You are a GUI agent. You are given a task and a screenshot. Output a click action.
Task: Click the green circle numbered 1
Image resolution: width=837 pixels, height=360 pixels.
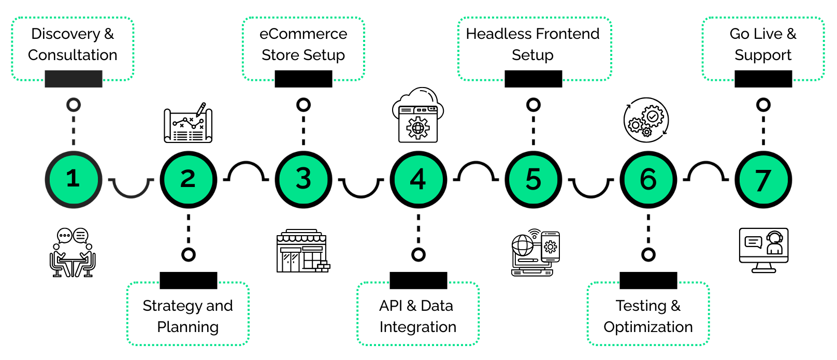[x=73, y=179]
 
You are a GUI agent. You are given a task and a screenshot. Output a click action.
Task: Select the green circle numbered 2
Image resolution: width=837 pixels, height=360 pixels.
[x=188, y=179]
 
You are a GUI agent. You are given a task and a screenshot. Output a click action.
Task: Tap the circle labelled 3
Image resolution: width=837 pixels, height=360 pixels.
[x=303, y=179]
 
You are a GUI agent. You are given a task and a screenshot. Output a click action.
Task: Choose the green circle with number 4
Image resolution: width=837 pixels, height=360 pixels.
[x=418, y=179]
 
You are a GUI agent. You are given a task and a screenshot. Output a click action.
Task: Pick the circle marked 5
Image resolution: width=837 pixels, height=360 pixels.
[x=533, y=179]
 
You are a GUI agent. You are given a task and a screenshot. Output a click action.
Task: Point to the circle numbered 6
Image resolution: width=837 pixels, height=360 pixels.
[x=648, y=179]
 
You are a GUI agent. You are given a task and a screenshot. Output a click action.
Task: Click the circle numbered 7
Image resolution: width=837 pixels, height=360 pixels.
[x=763, y=179]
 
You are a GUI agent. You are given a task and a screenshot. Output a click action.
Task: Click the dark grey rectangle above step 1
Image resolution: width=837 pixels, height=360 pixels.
[x=74, y=79]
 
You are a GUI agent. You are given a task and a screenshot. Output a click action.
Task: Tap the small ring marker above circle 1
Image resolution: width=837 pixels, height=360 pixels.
[x=74, y=105]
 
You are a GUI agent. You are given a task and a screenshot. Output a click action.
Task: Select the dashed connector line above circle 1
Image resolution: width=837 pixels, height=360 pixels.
[x=74, y=129]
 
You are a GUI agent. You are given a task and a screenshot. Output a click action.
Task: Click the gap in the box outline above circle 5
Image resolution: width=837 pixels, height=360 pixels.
[x=533, y=80]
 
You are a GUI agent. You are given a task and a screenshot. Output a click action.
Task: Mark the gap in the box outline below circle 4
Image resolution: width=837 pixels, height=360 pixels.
[x=419, y=283]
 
